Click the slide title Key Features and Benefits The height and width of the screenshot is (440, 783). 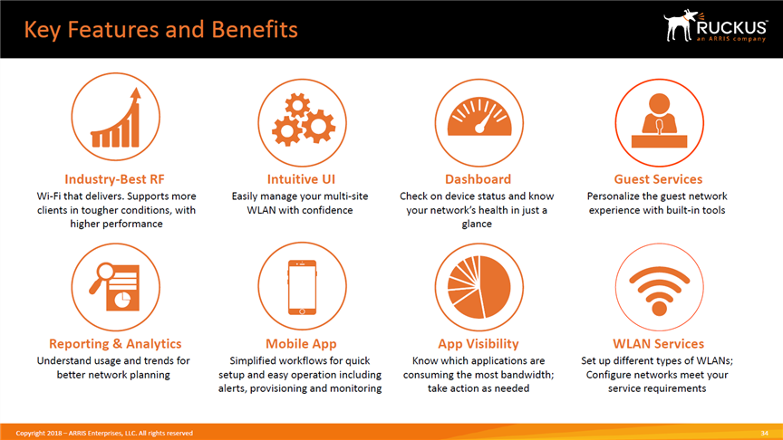160,30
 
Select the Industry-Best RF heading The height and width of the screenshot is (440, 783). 114,179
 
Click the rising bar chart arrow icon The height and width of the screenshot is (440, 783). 116,118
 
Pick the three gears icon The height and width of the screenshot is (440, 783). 303,120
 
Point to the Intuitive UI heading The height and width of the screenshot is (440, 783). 301,179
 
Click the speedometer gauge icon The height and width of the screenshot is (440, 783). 479,117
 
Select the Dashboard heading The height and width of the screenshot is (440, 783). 478,179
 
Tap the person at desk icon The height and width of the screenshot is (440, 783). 659,120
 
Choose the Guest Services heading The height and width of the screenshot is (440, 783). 658,179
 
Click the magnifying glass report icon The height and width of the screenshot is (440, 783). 114,286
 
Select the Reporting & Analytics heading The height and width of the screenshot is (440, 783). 115,344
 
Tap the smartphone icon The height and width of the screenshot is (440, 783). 302,287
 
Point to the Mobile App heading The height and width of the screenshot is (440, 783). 301,344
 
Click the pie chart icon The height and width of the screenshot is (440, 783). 478,287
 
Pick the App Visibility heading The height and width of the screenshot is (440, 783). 478,344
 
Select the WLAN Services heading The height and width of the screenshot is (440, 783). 658,344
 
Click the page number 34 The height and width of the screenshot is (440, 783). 764,433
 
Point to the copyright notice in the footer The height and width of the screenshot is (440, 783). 104,433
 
